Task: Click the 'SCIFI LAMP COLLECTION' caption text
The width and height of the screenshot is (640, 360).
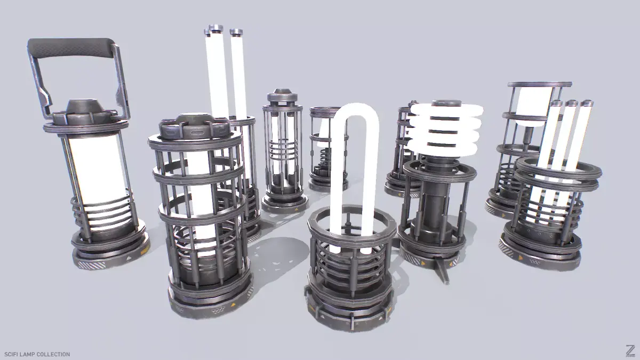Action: pos(37,354)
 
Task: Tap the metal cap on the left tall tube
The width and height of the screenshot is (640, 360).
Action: pos(214,29)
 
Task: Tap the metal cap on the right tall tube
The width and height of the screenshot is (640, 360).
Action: pos(236,32)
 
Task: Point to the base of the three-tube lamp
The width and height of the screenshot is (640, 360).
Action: pos(541,251)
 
